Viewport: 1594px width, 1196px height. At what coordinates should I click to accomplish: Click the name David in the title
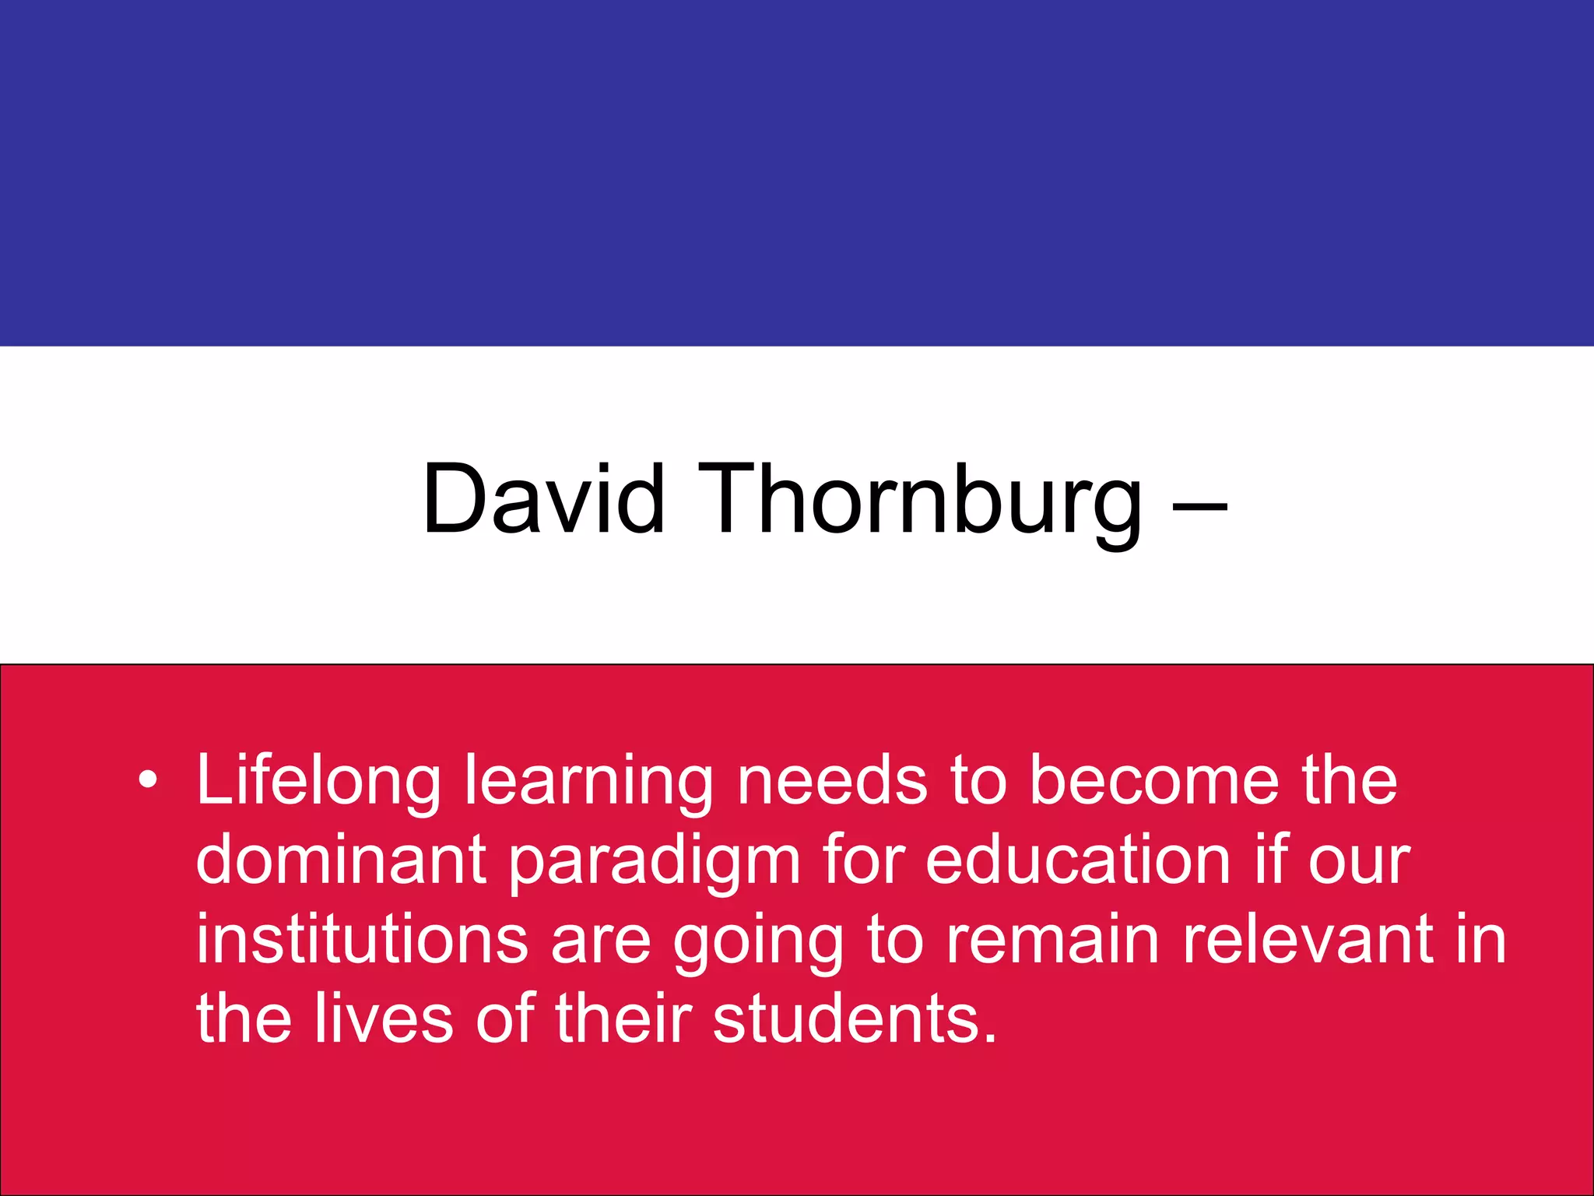click(543, 499)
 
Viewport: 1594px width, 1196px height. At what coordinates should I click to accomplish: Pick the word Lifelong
click(318, 781)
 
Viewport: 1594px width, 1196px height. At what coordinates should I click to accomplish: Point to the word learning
click(588, 783)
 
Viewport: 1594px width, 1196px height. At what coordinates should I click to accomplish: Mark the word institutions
click(362, 938)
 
